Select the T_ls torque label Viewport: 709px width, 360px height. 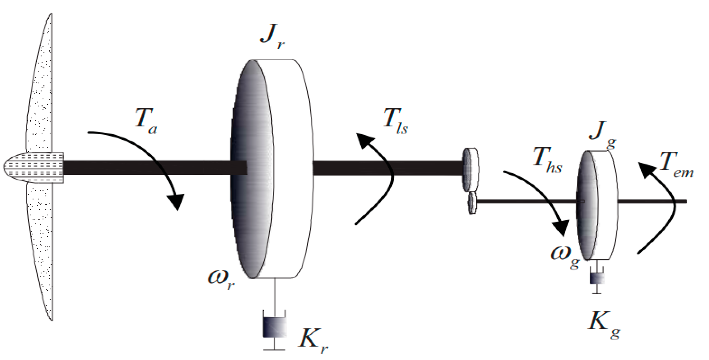[395, 120]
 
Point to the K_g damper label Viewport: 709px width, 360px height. [604, 324]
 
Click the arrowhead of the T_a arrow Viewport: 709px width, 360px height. [176, 201]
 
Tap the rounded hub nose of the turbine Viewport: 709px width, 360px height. [16, 167]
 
